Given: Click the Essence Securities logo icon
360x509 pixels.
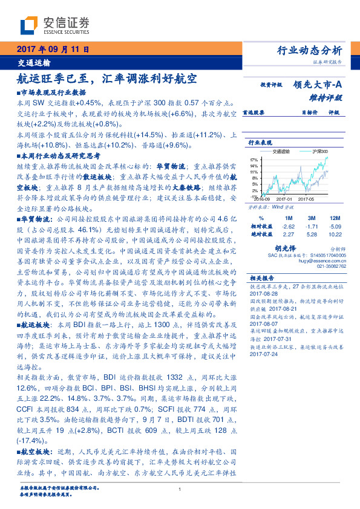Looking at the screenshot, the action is pyautogui.click(x=28, y=25).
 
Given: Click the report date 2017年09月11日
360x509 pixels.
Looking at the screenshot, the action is pyautogui.click(x=53, y=49).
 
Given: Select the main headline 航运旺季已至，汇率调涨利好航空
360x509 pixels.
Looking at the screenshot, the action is pyautogui.click(x=108, y=78).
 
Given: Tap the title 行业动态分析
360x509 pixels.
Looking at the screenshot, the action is pyautogui.click(x=313, y=50).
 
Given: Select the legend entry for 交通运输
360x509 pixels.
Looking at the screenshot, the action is pyautogui.click(x=286, y=152).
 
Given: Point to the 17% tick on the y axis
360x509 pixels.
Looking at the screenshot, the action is pyautogui.click(x=254, y=160).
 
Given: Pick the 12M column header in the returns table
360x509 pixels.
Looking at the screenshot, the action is pyautogui.click(x=335, y=217).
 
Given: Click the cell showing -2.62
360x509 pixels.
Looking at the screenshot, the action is pyautogui.click(x=288, y=225).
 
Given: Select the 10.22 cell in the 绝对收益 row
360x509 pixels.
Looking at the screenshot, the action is pyautogui.click(x=335, y=234).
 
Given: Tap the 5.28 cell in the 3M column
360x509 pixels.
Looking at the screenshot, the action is pyautogui.click(x=312, y=234).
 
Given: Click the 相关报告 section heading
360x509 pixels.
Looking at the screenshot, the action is pyautogui.click(x=263, y=278).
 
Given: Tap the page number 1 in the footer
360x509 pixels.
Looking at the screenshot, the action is pyautogui.click(x=180, y=489).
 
